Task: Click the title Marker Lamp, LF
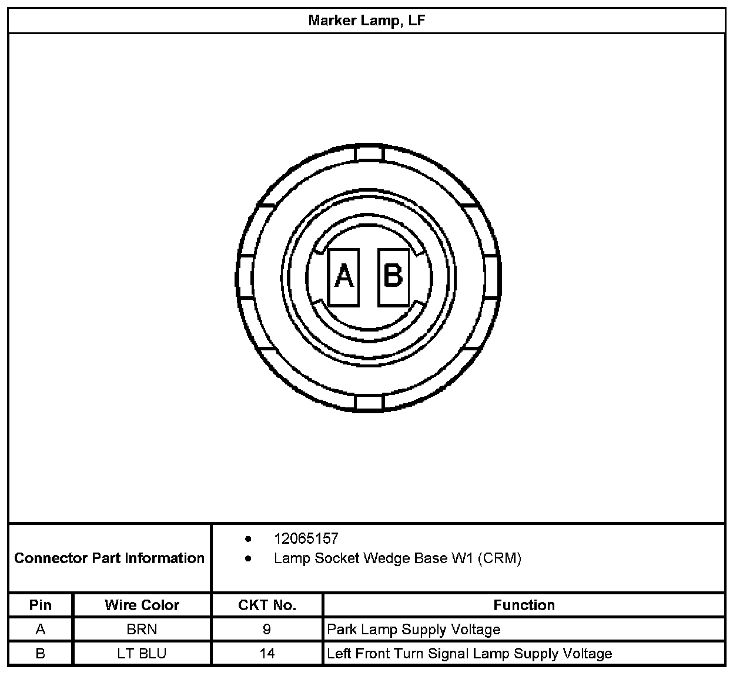(366, 21)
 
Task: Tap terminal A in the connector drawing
(343, 277)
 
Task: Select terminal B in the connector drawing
(393, 277)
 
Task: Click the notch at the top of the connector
(369, 153)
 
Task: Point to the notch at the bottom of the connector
(369, 403)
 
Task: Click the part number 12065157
(306, 539)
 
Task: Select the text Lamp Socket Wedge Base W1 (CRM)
(397, 558)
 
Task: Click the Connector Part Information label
(109, 558)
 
